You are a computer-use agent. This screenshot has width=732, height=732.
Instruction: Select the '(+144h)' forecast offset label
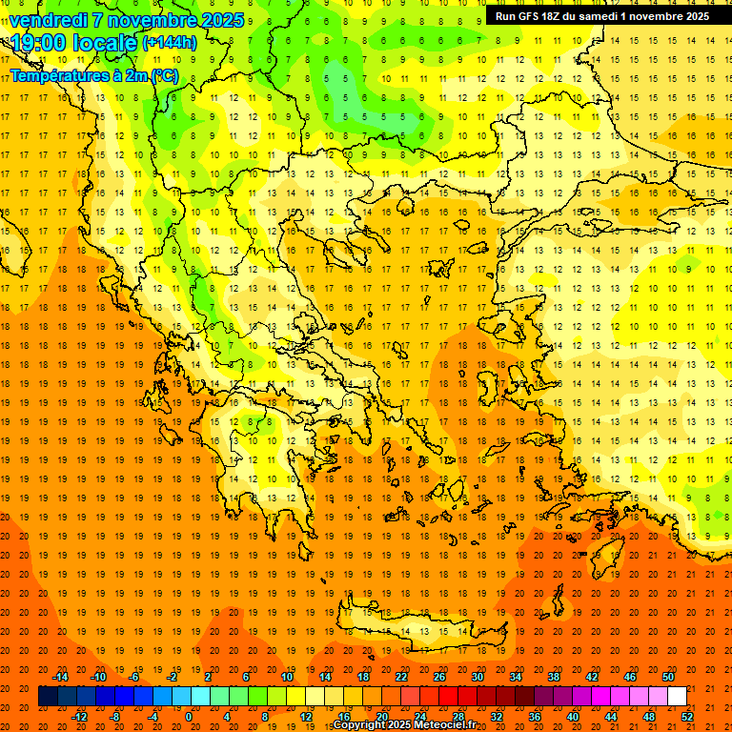170,42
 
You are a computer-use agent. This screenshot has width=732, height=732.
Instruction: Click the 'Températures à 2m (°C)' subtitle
93,75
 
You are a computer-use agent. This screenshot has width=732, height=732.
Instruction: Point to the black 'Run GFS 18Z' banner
602,16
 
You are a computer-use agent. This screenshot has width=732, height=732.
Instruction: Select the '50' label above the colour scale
668,677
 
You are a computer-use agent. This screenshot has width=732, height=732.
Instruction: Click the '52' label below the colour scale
687,716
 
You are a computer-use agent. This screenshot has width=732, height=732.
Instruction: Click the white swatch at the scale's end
677,696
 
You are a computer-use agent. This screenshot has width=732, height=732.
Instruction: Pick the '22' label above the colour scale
401,677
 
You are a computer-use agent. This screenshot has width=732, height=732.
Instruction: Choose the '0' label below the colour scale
189,716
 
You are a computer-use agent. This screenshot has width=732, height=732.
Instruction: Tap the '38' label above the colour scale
554,677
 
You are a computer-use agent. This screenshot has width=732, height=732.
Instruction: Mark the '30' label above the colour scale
478,677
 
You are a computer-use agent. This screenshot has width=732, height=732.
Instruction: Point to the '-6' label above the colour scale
134,677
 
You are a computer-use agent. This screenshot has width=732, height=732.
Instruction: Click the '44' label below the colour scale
611,716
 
